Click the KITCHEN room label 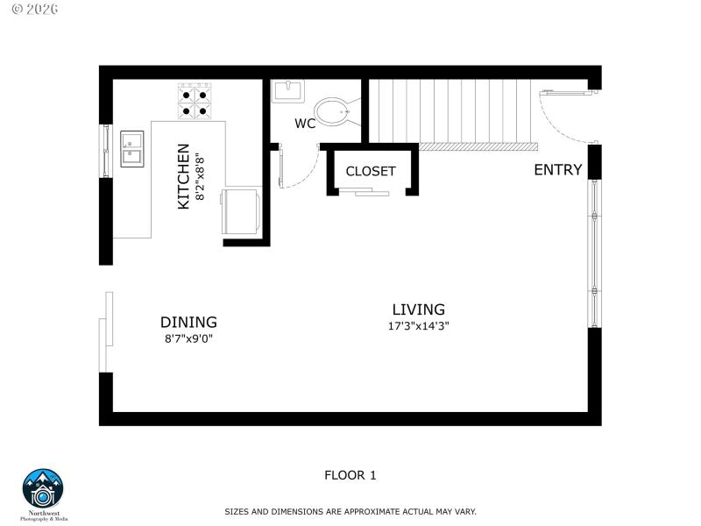pos(184,176)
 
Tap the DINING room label pos(188,322)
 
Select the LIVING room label pos(418,309)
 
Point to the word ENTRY pos(558,170)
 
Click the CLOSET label pos(371,171)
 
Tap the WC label pos(305,124)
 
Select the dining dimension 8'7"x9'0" pos(188,338)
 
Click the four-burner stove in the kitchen pos(195,100)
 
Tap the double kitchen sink pos(132,148)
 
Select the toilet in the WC pos(334,111)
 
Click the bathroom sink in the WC pos(287,90)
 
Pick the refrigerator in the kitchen pos(243,210)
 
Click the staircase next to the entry pos(451,112)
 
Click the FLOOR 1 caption pos(350,475)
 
